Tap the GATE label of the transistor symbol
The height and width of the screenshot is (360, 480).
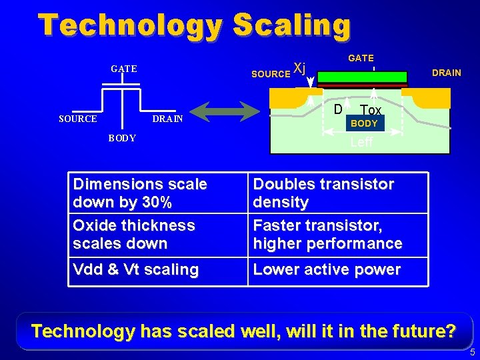[124, 69]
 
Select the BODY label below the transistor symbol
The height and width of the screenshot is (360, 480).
[122, 138]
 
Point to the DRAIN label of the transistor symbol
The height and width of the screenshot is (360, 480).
[168, 119]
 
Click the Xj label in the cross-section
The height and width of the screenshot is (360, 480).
[300, 68]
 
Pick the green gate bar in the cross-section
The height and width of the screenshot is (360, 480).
[362, 77]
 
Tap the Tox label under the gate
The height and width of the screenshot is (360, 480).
[370, 110]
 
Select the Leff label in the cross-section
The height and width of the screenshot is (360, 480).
[361, 142]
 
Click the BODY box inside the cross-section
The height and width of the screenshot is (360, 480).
[364, 123]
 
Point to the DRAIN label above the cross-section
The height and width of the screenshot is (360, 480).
[446, 73]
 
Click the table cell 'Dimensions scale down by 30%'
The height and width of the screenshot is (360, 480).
[159, 193]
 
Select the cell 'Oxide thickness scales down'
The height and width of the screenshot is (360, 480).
[159, 235]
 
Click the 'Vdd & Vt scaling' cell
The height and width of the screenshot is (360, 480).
[159, 270]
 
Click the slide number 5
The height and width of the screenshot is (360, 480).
[472, 353]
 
